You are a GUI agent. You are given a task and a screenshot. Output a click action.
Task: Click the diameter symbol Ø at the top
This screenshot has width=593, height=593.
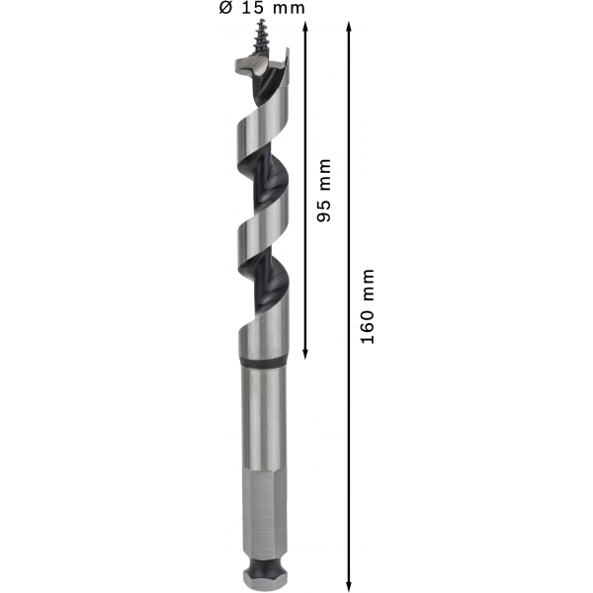point(225,8)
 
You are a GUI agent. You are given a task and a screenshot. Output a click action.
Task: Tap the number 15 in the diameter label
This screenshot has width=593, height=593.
point(252,8)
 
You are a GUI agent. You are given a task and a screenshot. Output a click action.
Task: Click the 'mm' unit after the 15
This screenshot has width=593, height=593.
point(289,9)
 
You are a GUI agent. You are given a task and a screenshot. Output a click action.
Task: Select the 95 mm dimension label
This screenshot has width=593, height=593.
point(324,190)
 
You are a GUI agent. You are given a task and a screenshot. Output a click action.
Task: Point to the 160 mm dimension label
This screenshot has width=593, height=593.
point(368,306)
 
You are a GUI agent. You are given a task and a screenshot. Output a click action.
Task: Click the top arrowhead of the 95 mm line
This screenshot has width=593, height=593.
point(305,27)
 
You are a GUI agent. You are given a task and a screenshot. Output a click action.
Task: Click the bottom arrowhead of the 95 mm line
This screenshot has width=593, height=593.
point(305,354)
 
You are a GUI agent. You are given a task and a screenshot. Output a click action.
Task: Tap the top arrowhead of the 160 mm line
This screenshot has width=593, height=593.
point(349,27)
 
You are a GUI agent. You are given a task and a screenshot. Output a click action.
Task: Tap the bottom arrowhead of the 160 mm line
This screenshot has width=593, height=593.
point(349,586)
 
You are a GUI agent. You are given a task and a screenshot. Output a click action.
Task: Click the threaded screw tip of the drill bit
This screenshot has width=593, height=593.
point(261,38)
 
